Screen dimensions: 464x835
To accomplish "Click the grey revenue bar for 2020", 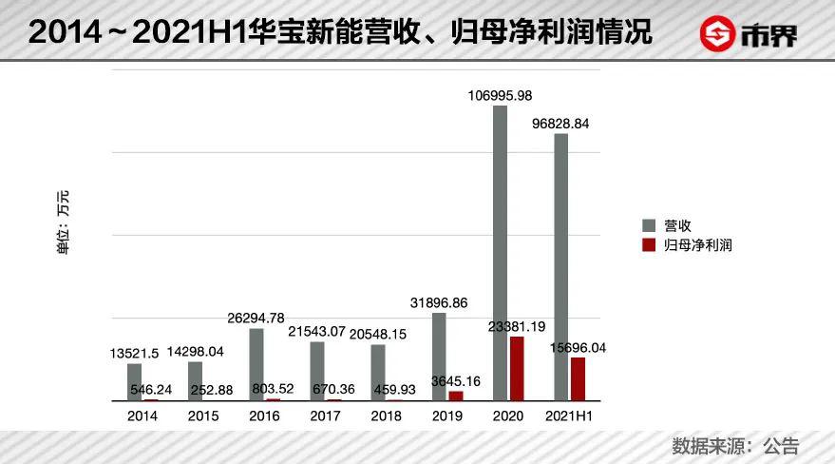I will tap(500, 253).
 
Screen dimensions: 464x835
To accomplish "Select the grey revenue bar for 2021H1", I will tap(561, 267).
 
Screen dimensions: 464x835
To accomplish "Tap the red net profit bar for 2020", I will tap(516, 368).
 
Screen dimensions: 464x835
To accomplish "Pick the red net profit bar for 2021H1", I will tap(578, 378).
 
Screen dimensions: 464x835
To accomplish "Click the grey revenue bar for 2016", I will tap(256, 364).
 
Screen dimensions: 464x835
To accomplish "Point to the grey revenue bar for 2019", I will tap(439, 357).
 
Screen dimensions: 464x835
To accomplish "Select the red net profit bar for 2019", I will tap(455, 396).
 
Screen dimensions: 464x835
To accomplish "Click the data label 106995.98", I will tap(500, 95).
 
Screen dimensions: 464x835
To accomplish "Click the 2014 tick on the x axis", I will tap(142, 416).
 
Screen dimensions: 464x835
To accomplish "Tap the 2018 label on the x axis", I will tap(386, 416).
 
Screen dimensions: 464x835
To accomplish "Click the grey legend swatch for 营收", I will tap(650, 226).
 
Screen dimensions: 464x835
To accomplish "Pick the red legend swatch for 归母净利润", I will tap(650, 244).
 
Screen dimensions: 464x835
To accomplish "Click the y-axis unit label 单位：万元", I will tap(64, 223).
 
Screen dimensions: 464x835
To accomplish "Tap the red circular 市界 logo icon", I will tap(719, 35).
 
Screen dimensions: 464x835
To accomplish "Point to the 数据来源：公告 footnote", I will tap(735, 445).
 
